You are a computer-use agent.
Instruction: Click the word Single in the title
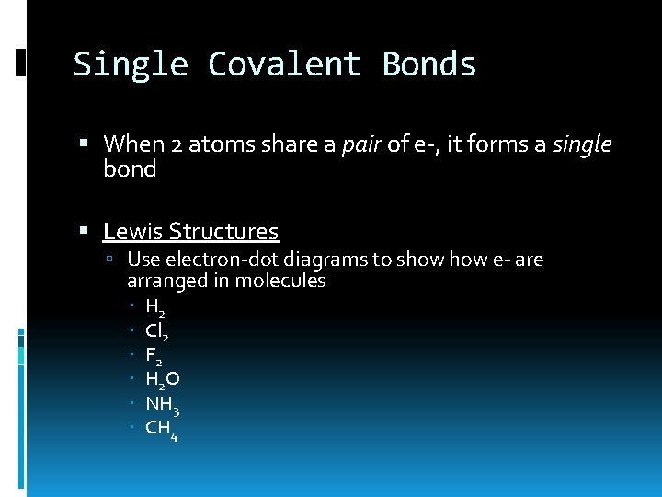click(x=131, y=64)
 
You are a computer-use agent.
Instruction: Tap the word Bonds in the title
click(x=429, y=64)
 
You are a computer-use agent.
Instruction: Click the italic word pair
click(x=360, y=144)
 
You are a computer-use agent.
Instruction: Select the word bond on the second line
click(x=130, y=169)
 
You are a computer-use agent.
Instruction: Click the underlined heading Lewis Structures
click(x=190, y=232)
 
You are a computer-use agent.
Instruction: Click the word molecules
click(x=280, y=282)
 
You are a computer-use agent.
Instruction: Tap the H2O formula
click(x=163, y=379)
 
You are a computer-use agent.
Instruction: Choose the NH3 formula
click(x=162, y=403)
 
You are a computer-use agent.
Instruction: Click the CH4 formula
click(x=162, y=428)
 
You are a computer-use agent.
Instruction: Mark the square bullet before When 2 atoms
click(x=85, y=144)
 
